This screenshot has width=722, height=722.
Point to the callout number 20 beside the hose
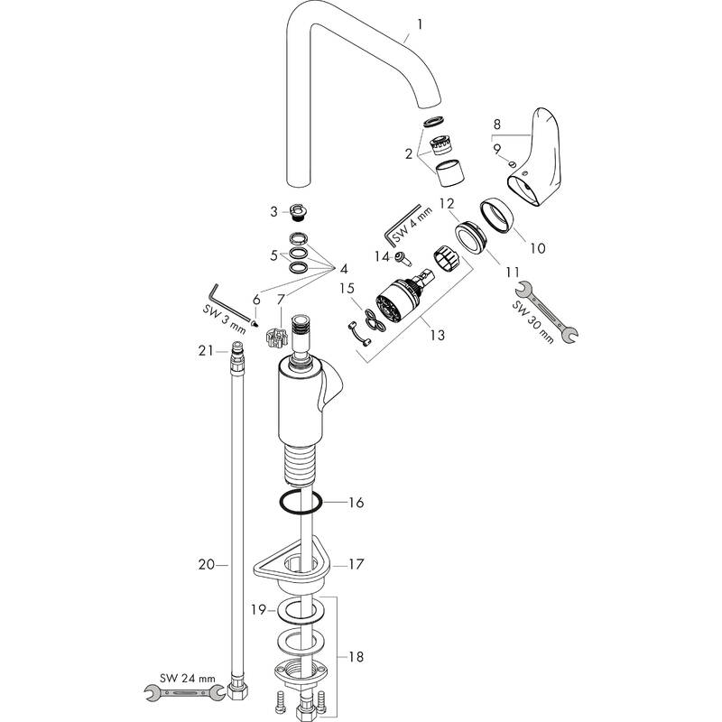[206, 564]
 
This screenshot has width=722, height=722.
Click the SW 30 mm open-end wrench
[546, 311]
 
